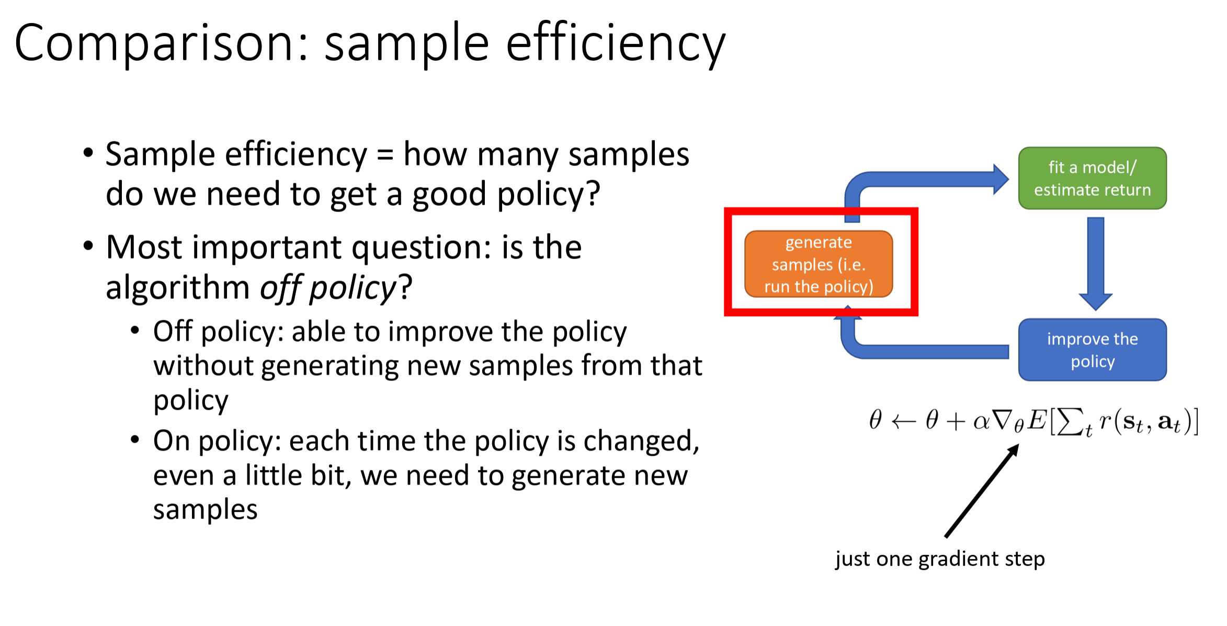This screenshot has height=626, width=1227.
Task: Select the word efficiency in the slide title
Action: click(x=616, y=43)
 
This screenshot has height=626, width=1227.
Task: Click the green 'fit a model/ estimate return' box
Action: click(x=1092, y=178)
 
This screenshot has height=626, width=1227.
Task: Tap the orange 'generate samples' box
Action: click(x=819, y=264)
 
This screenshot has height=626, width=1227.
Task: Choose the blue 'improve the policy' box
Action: click(x=1092, y=350)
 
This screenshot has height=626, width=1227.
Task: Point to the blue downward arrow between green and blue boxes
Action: click(x=1095, y=263)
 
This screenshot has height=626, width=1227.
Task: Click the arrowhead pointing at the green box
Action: click(x=1001, y=180)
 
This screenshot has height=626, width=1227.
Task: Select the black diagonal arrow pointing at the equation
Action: click(x=982, y=490)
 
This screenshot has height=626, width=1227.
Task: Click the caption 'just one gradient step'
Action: click(x=940, y=559)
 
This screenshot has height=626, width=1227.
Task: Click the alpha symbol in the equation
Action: click(x=981, y=422)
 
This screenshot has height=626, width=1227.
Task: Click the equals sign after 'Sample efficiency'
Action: click(x=385, y=155)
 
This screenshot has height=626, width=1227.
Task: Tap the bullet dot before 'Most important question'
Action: click(x=88, y=245)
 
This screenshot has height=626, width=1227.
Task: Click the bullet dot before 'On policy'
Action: click(x=135, y=439)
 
